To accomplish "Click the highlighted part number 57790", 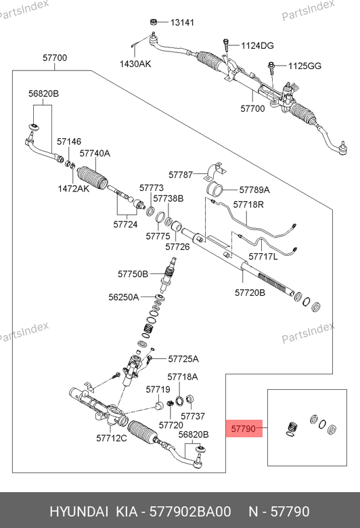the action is [244, 428].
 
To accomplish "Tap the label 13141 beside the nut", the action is [182, 22].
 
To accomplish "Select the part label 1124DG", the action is [257, 45].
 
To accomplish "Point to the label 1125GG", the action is [305, 66].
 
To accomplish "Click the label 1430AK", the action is [135, 64].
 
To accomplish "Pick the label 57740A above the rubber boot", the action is [95, 153].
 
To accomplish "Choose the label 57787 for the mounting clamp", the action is [181, 175].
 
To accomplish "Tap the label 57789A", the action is [254, 190].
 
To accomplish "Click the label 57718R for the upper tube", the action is [248, 204].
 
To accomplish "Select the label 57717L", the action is [263, 257].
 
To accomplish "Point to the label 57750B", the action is [133, 274].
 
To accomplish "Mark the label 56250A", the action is [124, 297].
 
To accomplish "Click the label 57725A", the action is [183, 359].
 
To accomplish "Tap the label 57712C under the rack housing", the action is [112, 438].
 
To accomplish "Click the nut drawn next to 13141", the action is [154, 22].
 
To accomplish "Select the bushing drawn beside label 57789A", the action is [215, 189].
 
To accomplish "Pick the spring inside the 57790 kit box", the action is [292, 428].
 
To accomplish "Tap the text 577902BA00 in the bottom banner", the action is [190, 512].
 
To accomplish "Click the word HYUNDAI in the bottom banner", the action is [79, 512].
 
